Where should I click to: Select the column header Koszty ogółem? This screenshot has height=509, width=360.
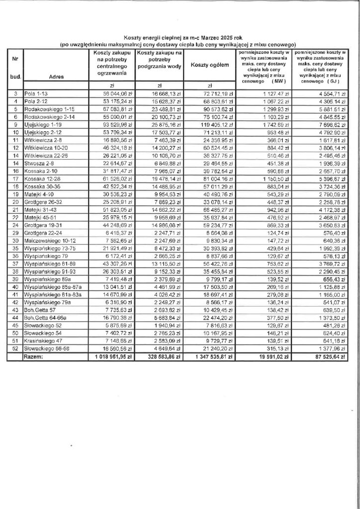point(209,65)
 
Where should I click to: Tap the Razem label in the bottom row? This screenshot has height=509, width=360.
point(37,356)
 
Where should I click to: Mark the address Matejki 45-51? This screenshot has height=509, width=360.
point(44,219)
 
